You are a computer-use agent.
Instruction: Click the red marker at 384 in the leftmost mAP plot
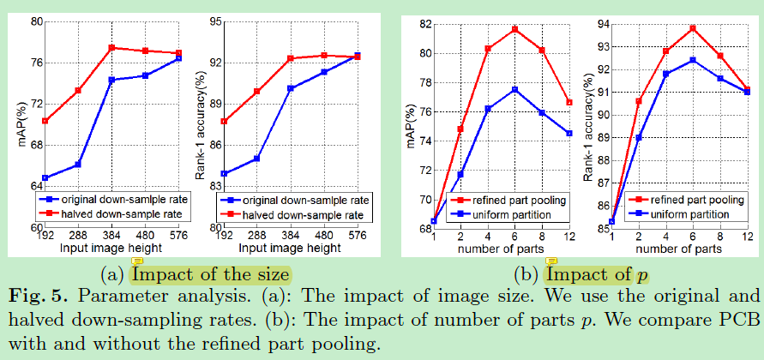(111, 48)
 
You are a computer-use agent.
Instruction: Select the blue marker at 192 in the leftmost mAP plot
(45, 178)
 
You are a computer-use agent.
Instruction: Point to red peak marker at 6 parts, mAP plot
(514, 29)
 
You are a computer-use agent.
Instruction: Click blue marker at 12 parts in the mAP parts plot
(568, 133)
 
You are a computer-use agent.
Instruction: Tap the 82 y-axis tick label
(424, 23)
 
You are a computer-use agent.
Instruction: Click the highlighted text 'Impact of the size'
(210, 274)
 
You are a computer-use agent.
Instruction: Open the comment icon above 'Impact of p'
(552, 261)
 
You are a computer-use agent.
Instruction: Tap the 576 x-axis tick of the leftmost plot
(178, 235)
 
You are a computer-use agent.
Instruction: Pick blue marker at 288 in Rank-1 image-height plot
(256, 159)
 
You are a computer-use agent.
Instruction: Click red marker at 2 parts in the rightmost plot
(638, 101)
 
